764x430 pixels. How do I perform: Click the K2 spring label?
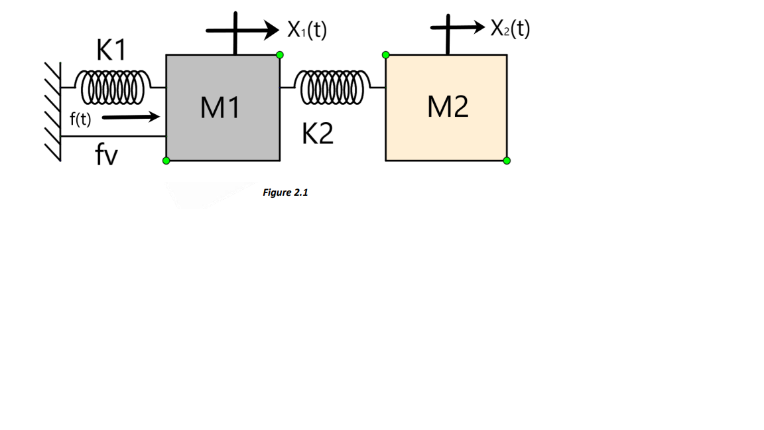[x=318, y=135]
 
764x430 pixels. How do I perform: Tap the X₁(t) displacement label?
[x=307, y=30]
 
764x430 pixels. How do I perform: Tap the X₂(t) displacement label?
[x=510, y=29]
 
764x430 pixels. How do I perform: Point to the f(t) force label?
[x=80, y=119]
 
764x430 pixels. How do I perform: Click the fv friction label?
[x=106, y=156]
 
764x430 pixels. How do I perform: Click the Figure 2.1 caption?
[x=285, y=192]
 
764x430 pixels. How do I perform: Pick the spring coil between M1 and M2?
[x=333, y=88]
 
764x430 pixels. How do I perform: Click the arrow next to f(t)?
[x=131, y=118]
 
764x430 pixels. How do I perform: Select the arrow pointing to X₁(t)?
[x=243, y=30]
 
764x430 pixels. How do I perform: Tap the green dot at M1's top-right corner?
[x=280, y=54]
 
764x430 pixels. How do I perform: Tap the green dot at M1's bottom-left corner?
[x=166, y=161]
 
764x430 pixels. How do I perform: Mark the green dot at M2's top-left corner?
[x=385, y=54]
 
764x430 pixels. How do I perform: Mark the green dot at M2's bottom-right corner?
[x=507, y=161]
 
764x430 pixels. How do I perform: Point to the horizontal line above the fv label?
[x=113, y=136]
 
